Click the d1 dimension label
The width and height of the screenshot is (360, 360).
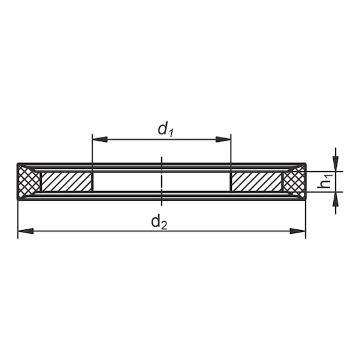166,130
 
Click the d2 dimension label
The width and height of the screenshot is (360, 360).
159,222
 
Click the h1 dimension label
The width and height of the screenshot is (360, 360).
325,181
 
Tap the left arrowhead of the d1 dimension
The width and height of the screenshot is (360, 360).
100,139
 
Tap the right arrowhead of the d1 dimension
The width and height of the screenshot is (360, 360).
223,139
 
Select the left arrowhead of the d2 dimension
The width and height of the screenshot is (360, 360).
26,231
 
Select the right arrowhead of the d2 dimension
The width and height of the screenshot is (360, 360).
297,231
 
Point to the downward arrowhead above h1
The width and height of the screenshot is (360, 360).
336,164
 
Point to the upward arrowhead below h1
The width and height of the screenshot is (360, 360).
336,199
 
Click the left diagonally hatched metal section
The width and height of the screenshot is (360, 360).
67,182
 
